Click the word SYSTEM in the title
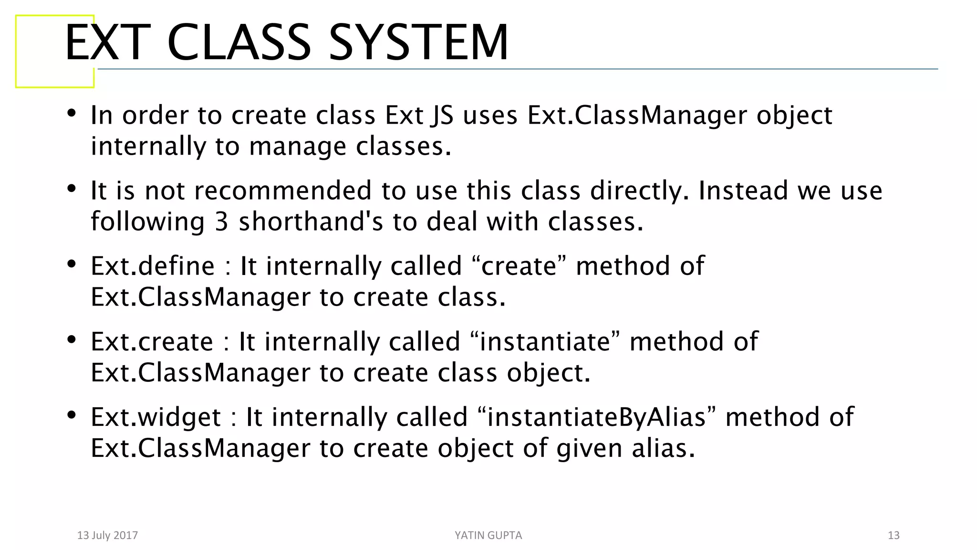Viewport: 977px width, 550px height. [418, 43]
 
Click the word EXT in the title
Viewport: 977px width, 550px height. [108, 43]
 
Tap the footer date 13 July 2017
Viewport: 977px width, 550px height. [107, 535]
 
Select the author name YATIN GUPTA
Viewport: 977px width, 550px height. [488, 535]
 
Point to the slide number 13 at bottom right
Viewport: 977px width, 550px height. [893, 535]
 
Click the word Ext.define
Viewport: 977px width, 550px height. [153, 266]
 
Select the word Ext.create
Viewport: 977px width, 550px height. [152, 341]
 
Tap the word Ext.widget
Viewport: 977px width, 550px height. [156, 417]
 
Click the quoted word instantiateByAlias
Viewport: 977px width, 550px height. [596, 417]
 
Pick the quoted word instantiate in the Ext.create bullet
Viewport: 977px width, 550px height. [545, 341]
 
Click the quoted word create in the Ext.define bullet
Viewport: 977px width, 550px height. [519, 266]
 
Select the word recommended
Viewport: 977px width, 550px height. [283, 190]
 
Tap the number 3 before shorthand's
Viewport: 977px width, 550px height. [221, 222]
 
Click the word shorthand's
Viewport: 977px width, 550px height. [311, 222]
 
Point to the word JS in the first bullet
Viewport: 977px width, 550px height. [441, 116]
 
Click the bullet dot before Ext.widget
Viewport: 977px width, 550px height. [72, 415]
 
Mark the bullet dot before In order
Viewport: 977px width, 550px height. [72, 113]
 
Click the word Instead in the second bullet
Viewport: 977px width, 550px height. [742, 190]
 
